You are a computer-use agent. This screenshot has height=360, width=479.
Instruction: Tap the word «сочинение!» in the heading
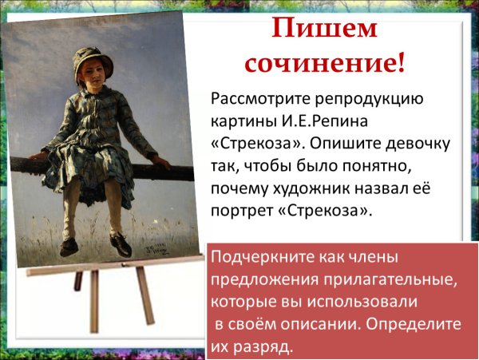(x=323, y=63)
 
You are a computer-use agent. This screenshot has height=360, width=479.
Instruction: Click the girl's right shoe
(x=69, y=247)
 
